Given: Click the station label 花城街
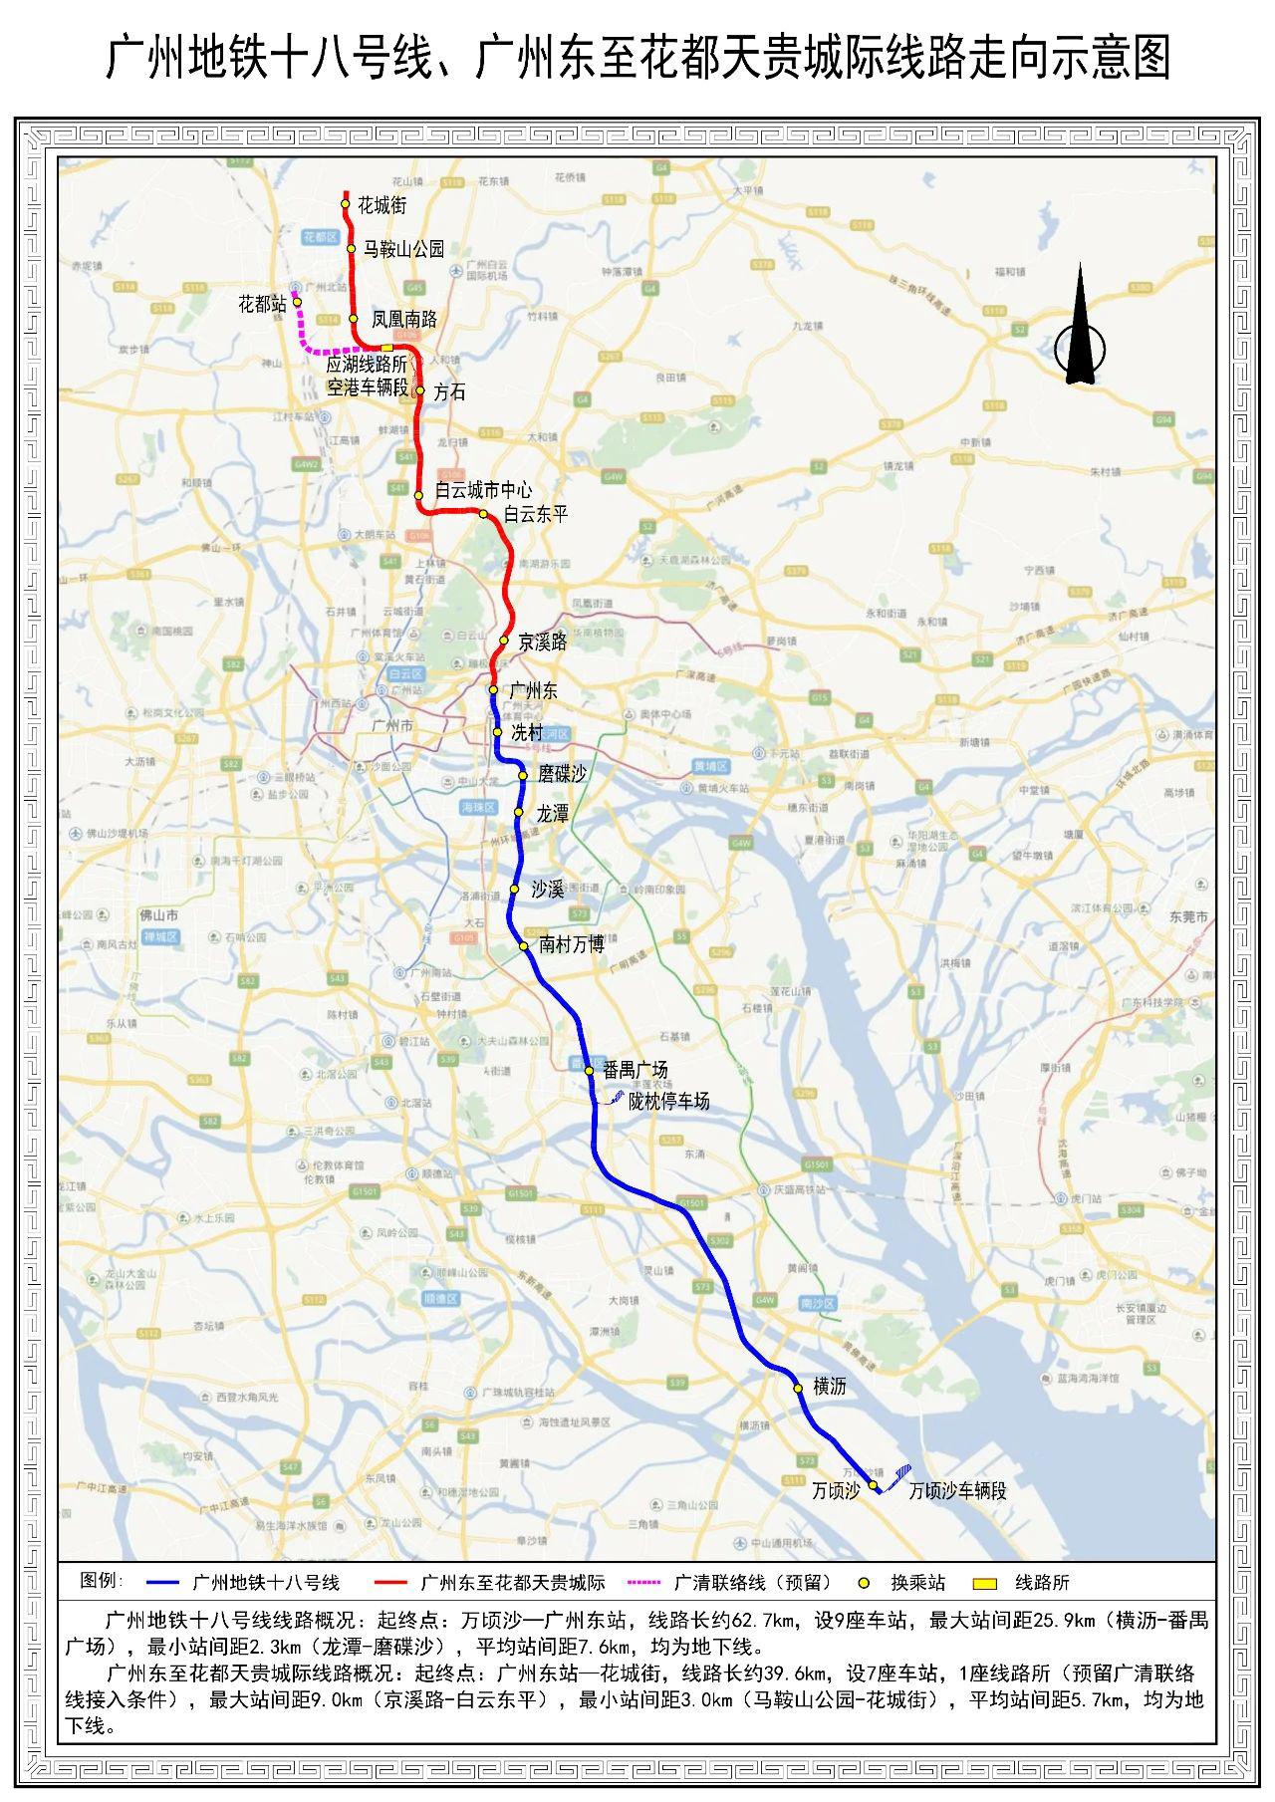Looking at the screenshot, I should (x=382, y=205).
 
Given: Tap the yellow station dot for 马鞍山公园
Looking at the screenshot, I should (x=352, y=248).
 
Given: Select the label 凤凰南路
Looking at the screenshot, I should (x=403, y=320).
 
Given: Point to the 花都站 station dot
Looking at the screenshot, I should (x=297, y=302).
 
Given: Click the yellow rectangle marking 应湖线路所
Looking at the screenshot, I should (x=387, y=348).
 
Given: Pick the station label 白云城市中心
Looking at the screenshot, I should (x=483, y=490).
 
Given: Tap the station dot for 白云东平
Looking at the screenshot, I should (x=483, y=514).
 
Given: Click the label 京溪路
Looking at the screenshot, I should (x=542, y=643).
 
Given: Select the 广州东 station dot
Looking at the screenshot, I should (x=493, y=689).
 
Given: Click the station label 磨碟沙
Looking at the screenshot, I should (x=562, y=774).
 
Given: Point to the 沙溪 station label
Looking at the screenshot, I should (x=548, y=888).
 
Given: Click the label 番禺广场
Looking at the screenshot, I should (x=635, y=1070).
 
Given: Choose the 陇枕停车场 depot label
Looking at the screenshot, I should (x=668, y=1101).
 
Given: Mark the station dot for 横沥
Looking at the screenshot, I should (x=798, y=1387).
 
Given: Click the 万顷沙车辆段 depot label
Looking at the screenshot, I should (x=957, y=1490).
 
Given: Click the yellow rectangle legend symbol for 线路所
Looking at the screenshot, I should (x=984, y=1582).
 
